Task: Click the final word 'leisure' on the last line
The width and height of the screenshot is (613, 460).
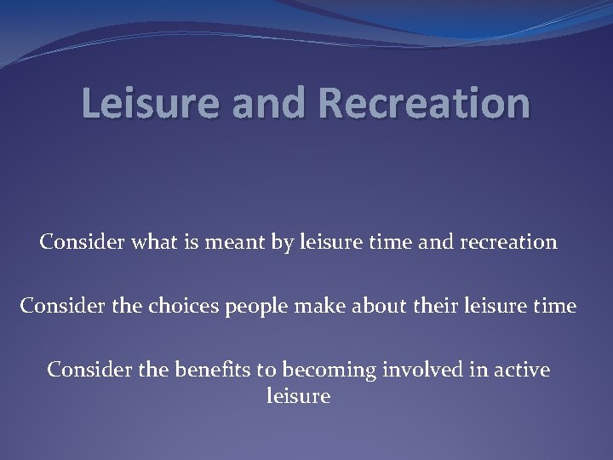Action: pos(298,395)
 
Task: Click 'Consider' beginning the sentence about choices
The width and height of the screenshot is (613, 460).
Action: pos(57,306)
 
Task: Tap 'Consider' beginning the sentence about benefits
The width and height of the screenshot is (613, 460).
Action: pos(84,370)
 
